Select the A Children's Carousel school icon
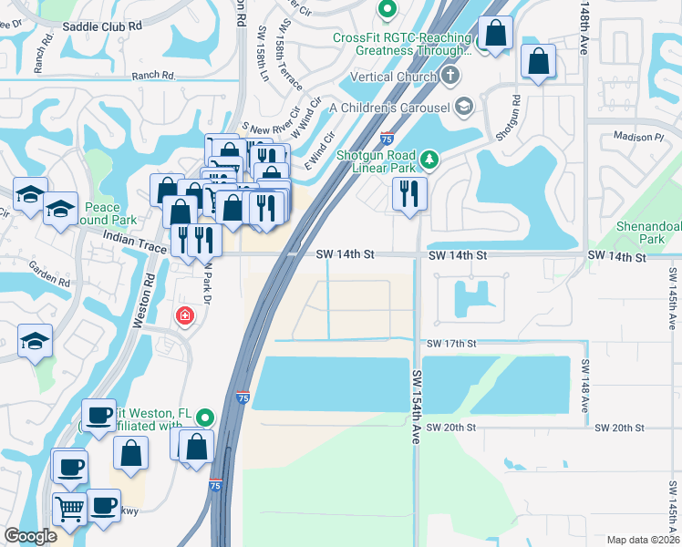[464, 108]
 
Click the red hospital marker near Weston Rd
[185, 316]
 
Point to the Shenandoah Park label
[649, 232]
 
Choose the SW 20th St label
[451, 427]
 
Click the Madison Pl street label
[639, 137]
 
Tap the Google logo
[31, 536]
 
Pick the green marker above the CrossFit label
[387, 11]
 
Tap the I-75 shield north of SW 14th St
[387, 139]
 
